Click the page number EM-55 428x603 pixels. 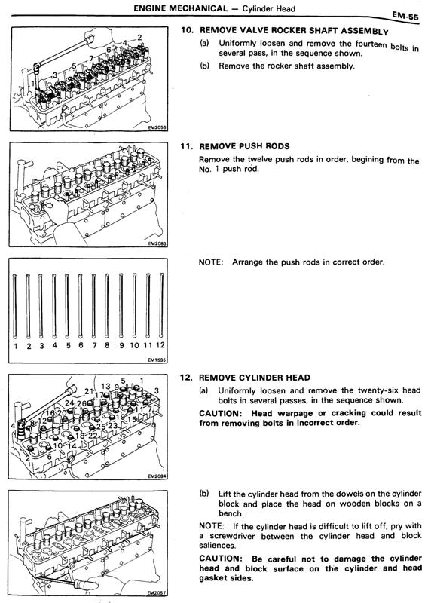(x=405, y=16)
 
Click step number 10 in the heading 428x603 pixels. (x=188, y=29)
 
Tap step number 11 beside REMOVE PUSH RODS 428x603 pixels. (x=187, y=146)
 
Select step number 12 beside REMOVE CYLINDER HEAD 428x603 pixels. (x=186, y=378)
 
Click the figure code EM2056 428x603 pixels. (x=157, y=128)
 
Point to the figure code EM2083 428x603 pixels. (x=157, y=243)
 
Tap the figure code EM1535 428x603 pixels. (x=157, y=360)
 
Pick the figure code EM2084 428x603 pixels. (x=157, y=476)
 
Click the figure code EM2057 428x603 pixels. (x=157, y=593)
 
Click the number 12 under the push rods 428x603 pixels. (x=160, y=345)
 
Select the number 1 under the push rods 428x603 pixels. (x=16, y=346)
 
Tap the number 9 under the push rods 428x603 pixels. (x=121, y=346)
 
